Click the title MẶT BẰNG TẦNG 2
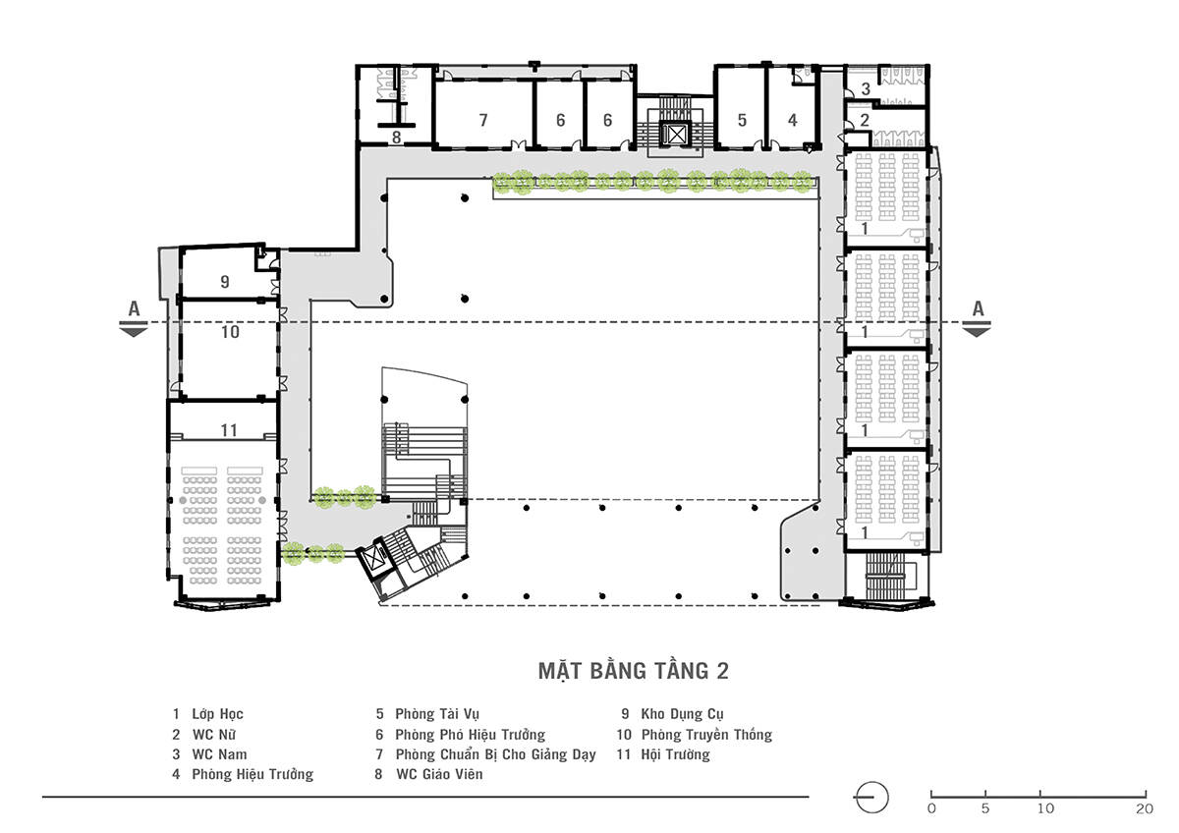(x=633, y=671)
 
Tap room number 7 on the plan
(x=483, y=121)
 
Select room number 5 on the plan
(x=742, y=120)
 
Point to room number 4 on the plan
(x=793, y=120)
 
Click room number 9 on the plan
(x=225, y=282)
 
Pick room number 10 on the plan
(x=230, y=332)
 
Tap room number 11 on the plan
(x=229, y=430)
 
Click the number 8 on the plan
(x=396, y=138)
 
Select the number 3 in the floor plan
(x=866, y=89)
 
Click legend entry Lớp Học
(x=217, y=714)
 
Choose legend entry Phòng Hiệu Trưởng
(x=253, y=774)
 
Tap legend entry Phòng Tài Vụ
(x=437, y=714)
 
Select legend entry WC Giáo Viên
(x=439, y=774)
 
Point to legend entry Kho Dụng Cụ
(x=682, y=714)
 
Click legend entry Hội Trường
(x=675, y=754)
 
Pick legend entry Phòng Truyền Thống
(x=706, y=735)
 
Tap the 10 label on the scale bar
(x=1045, y=808)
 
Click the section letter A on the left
(x=135, y=308)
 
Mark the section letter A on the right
(x=978, y=308)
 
